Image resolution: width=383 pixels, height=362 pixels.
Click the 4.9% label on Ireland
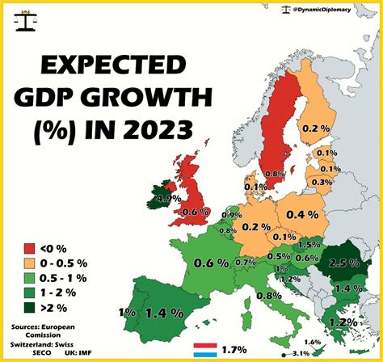tap(168, 199)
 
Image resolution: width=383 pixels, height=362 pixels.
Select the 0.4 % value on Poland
tap(301, 215)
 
